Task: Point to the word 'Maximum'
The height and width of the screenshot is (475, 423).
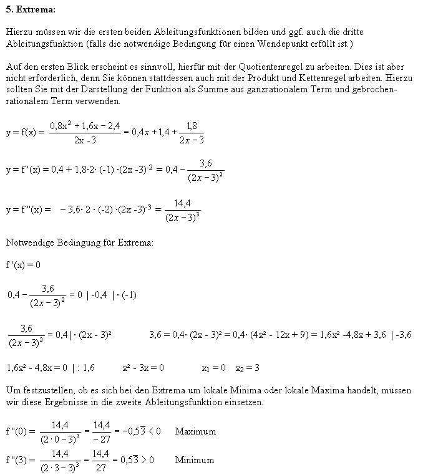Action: pos(195,431)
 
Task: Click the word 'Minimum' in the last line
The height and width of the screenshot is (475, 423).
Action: pos(195,460)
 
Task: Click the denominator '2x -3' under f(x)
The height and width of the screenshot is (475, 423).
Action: pos(85,140)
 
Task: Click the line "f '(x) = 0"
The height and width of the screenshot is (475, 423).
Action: pos(23,264)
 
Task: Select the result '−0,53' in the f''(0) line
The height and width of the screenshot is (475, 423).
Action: pos(132,431)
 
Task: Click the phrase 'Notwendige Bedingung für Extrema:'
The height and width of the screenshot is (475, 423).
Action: pos(79,242)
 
